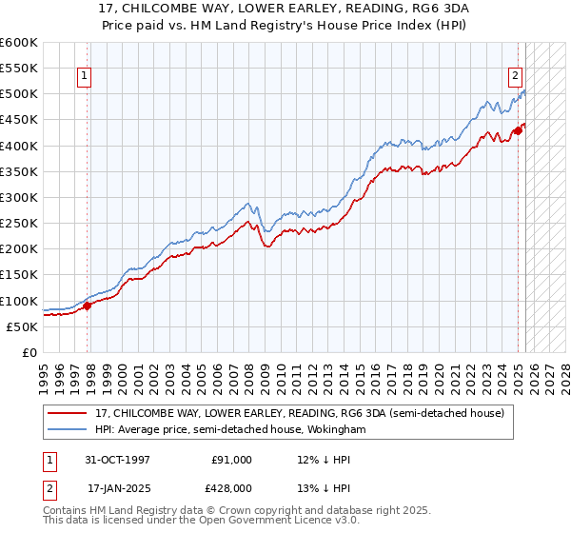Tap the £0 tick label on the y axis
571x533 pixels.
(x=29, y=353)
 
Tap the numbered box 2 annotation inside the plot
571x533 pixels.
(x=515, y=76)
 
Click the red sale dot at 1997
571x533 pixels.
(x=87, y=306)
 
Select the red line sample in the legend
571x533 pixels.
(x=69, y=413)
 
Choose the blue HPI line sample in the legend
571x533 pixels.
(x=69, y=430)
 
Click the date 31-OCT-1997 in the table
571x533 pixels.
(x=118, y=460)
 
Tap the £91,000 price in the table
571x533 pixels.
(x=231, y=460)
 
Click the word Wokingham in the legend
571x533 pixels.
(x=334, y=430)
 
